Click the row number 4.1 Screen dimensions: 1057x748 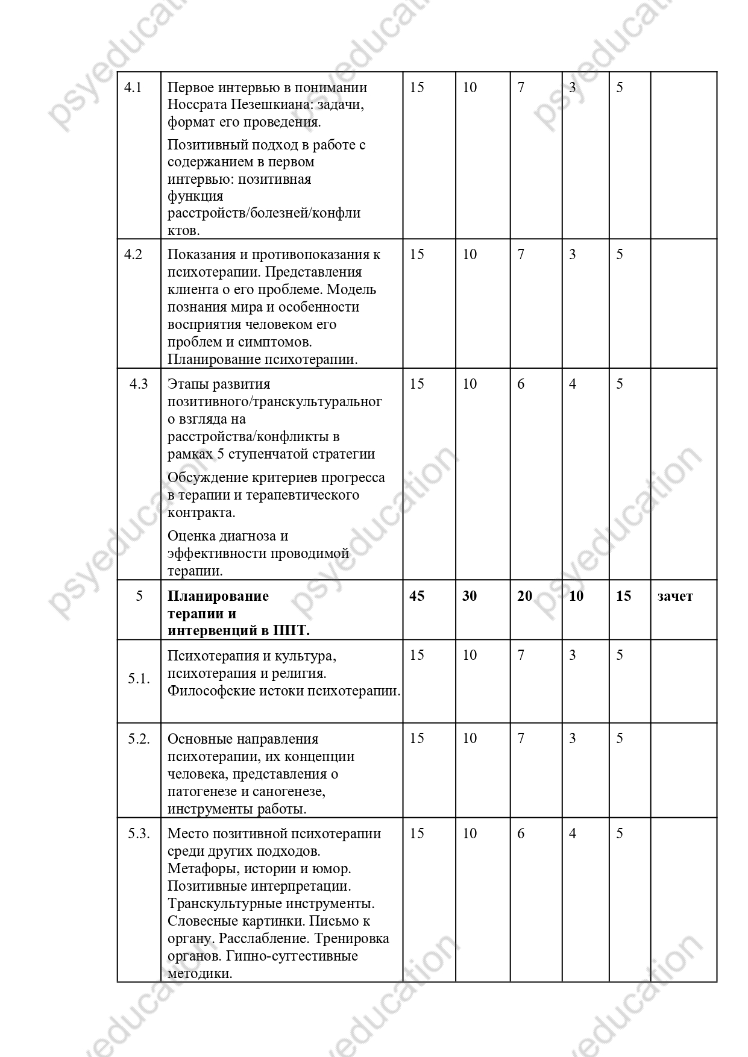coord(133,87)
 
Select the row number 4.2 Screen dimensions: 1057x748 coord(133,254)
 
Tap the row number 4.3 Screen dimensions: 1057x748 coord(139,384)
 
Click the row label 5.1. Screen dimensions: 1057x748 coord(139,679)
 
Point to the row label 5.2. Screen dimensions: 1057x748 coord(139,739)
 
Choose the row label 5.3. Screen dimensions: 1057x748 coord(139,833)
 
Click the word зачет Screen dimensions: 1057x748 coord(675,596)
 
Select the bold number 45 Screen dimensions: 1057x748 coord(417,596)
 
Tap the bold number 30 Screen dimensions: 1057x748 coord(470,596)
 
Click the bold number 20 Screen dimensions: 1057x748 coord(524,596)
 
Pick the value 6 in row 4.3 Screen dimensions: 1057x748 coord(521,384)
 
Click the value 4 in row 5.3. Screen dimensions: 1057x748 coord(573,833)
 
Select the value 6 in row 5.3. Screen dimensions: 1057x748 coord(521,833)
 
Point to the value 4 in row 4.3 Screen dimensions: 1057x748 coord(573,384)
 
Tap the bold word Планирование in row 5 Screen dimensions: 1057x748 coord(218,596)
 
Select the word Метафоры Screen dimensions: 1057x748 coord(197,869)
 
